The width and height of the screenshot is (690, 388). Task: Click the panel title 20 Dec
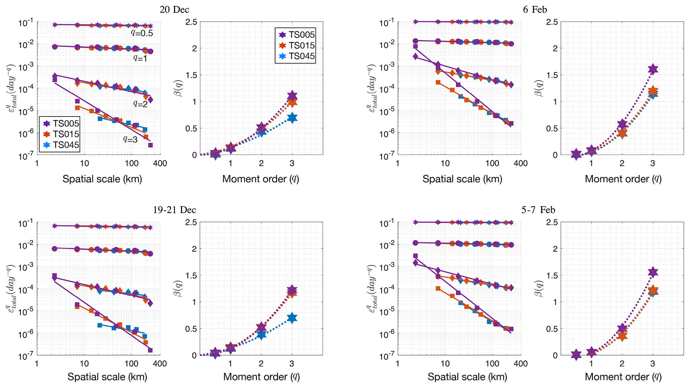[174, 9]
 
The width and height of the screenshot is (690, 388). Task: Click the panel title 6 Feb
[535, 9]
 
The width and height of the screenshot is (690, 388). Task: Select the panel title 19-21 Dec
[174, 210]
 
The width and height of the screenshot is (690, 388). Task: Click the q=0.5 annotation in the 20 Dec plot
[142, 33]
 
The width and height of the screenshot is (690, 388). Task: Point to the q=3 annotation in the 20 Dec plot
[130, 139]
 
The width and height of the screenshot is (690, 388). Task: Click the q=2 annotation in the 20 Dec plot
[140, 104]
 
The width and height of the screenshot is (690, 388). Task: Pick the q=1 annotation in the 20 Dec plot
[140, 58]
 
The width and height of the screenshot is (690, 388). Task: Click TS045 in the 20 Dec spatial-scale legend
[66, 145]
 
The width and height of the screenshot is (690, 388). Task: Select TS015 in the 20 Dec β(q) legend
[301, 45]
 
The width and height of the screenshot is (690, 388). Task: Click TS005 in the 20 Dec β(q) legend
[301, 34]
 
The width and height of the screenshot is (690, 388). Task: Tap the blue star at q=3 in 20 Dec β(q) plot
[292, 118]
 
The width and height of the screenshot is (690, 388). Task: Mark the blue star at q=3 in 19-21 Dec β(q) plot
[292, 318]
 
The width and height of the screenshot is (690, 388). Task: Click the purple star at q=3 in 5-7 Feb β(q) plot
[653, 272]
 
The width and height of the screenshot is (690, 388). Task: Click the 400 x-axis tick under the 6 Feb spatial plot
[520, 164]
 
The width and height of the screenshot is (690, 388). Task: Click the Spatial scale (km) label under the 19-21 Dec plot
[107, 377]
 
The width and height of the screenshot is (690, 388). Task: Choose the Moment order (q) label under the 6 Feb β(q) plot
[623, 179]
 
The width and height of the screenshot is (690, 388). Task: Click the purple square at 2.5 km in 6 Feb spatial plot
[415, 46]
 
